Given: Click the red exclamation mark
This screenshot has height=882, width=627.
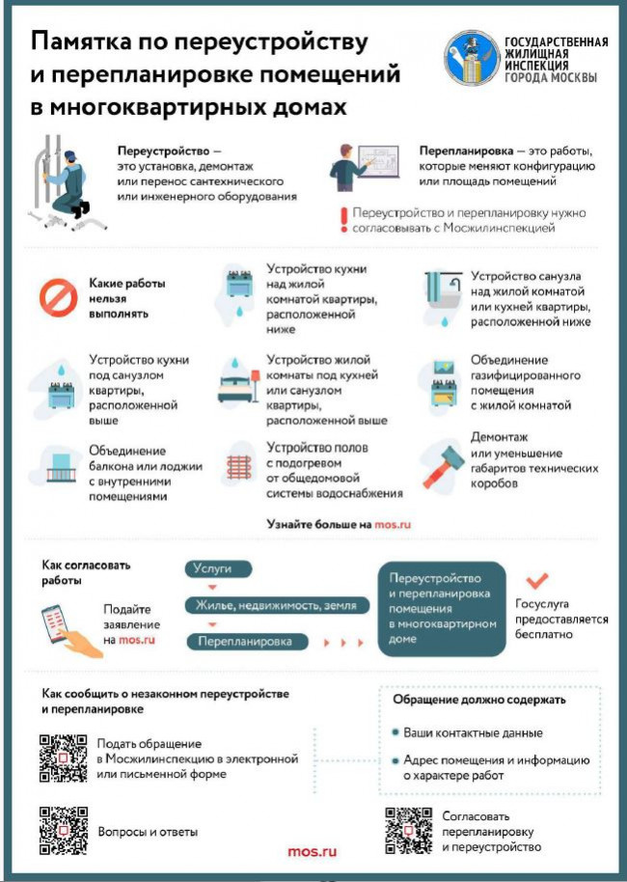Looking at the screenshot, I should click(341, 220).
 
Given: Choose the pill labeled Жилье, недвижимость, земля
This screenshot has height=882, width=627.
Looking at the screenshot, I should click(278, 605).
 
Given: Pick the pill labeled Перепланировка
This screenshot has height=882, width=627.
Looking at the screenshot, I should click(246, 641).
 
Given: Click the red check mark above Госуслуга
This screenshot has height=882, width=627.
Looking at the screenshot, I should click(536, 581).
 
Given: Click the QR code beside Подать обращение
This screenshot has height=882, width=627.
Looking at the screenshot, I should click(64, 758).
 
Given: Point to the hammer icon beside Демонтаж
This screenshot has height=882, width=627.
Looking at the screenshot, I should click(443, 464).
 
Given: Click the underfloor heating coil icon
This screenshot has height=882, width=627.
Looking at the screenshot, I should click(238, 467).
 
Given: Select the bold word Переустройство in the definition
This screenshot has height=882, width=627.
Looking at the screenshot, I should click(163, 152).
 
